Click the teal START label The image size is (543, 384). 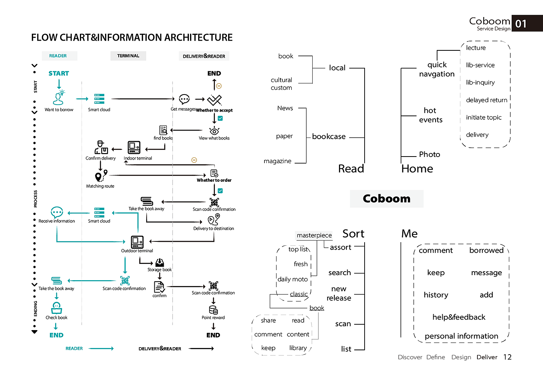point(59,73)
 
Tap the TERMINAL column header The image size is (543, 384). point(128,56)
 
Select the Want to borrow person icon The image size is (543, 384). point(59,98)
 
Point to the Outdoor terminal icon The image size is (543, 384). point(137,242)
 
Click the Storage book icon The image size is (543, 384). point(159,263)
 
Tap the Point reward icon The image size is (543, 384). point(213,310)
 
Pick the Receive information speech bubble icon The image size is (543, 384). point(57,212)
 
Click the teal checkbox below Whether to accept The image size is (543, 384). point(220,118)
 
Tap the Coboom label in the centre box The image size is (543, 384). point(386,199)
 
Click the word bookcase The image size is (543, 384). point(329,136)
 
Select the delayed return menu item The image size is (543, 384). point(486,100)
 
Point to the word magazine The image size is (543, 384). point(277,161)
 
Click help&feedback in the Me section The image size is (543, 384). point(459,317)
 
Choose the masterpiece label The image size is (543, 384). point(314,235)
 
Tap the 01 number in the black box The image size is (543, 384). point(521,24)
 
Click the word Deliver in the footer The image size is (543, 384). point(487,357)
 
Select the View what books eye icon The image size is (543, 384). point(214,131)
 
